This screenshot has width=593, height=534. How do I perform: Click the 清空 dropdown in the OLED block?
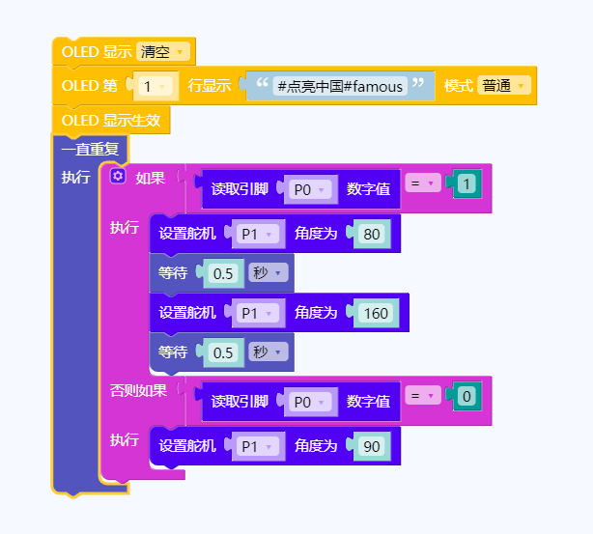pyautogui.click(x=162, y=51)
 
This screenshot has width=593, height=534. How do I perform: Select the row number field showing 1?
pyautogui.click(x=153, y=86)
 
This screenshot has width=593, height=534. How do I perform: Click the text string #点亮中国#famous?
pyautogui.click(x=338, y=86)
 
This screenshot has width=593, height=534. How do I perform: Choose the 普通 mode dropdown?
pyautogui.click(x=503, y=86)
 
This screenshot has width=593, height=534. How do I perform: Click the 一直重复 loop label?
pyautogui.click(x=89, y=149)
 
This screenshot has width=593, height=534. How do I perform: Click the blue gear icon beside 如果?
pyautogui.click(x=119, y=177)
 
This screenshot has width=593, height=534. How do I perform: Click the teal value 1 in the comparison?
pyautogui.click(x=466, y=183)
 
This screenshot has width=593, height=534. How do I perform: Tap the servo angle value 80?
pyautogui.click(x=371, y=233)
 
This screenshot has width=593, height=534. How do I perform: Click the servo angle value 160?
pyautogui.click(x=375, y=312)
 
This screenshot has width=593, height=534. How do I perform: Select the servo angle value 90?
pyautogui.click(x=371, y=446)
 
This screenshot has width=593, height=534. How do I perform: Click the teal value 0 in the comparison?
pyautogui.click(x=466, y=396)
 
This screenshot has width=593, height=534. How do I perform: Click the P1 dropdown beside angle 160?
pyautogui.click(x=256, y=312)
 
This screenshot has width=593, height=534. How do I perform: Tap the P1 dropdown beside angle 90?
pyautogui.click(x=256, y=446)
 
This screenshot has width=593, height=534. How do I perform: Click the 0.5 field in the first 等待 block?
pyautogui.click(x=223, y=273)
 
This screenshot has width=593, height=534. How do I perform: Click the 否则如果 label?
pyautogui.click(x=138, y=390)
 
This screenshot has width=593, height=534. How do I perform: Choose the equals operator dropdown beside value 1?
pyautogui.click(x=421, y=183)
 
